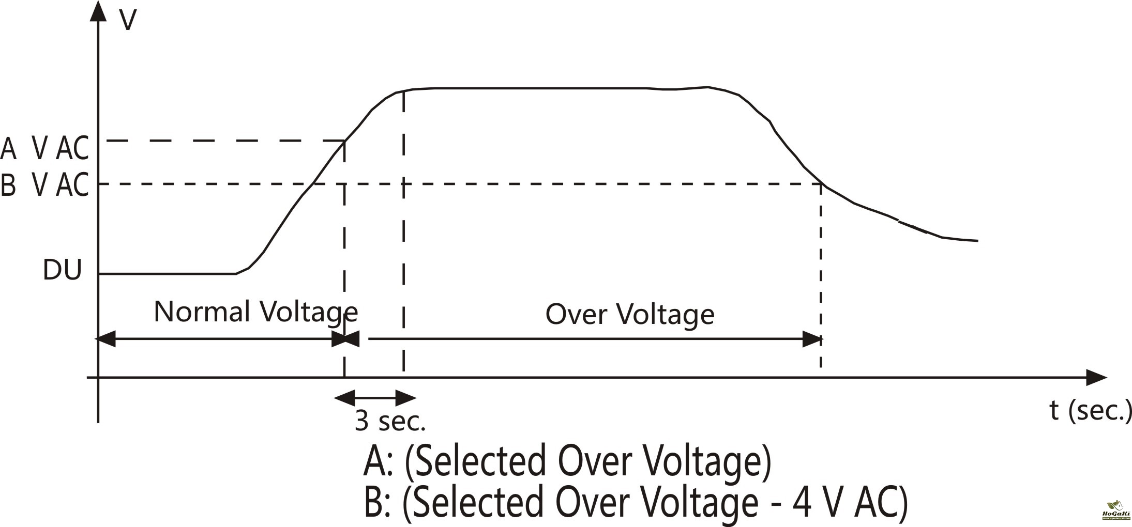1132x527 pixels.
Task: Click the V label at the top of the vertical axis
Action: click(128, 21)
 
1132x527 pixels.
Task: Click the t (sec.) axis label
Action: click(1090, 411)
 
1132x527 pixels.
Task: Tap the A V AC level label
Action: click(44, 148)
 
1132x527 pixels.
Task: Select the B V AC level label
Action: click(44, 184)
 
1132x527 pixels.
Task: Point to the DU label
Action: click(62, 270)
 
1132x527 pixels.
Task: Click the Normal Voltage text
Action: click(255, 312)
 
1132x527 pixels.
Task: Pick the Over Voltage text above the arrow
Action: click(629, 314)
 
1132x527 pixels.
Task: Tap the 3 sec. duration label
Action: click(390, 421)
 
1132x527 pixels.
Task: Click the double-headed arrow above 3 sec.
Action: click(375, 398)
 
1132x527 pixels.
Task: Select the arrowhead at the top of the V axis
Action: click(98, 11)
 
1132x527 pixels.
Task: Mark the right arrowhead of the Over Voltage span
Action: click(812, 339)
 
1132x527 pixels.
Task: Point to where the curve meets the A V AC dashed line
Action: click(345, 141)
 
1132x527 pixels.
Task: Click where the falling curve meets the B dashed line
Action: click(822, 184)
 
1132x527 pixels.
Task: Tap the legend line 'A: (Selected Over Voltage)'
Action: click(567, 461)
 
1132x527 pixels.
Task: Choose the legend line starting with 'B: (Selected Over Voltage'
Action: click(636, 502)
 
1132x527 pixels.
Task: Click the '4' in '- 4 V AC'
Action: click(802, 502)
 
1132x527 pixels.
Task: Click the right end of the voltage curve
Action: click(977, 241)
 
